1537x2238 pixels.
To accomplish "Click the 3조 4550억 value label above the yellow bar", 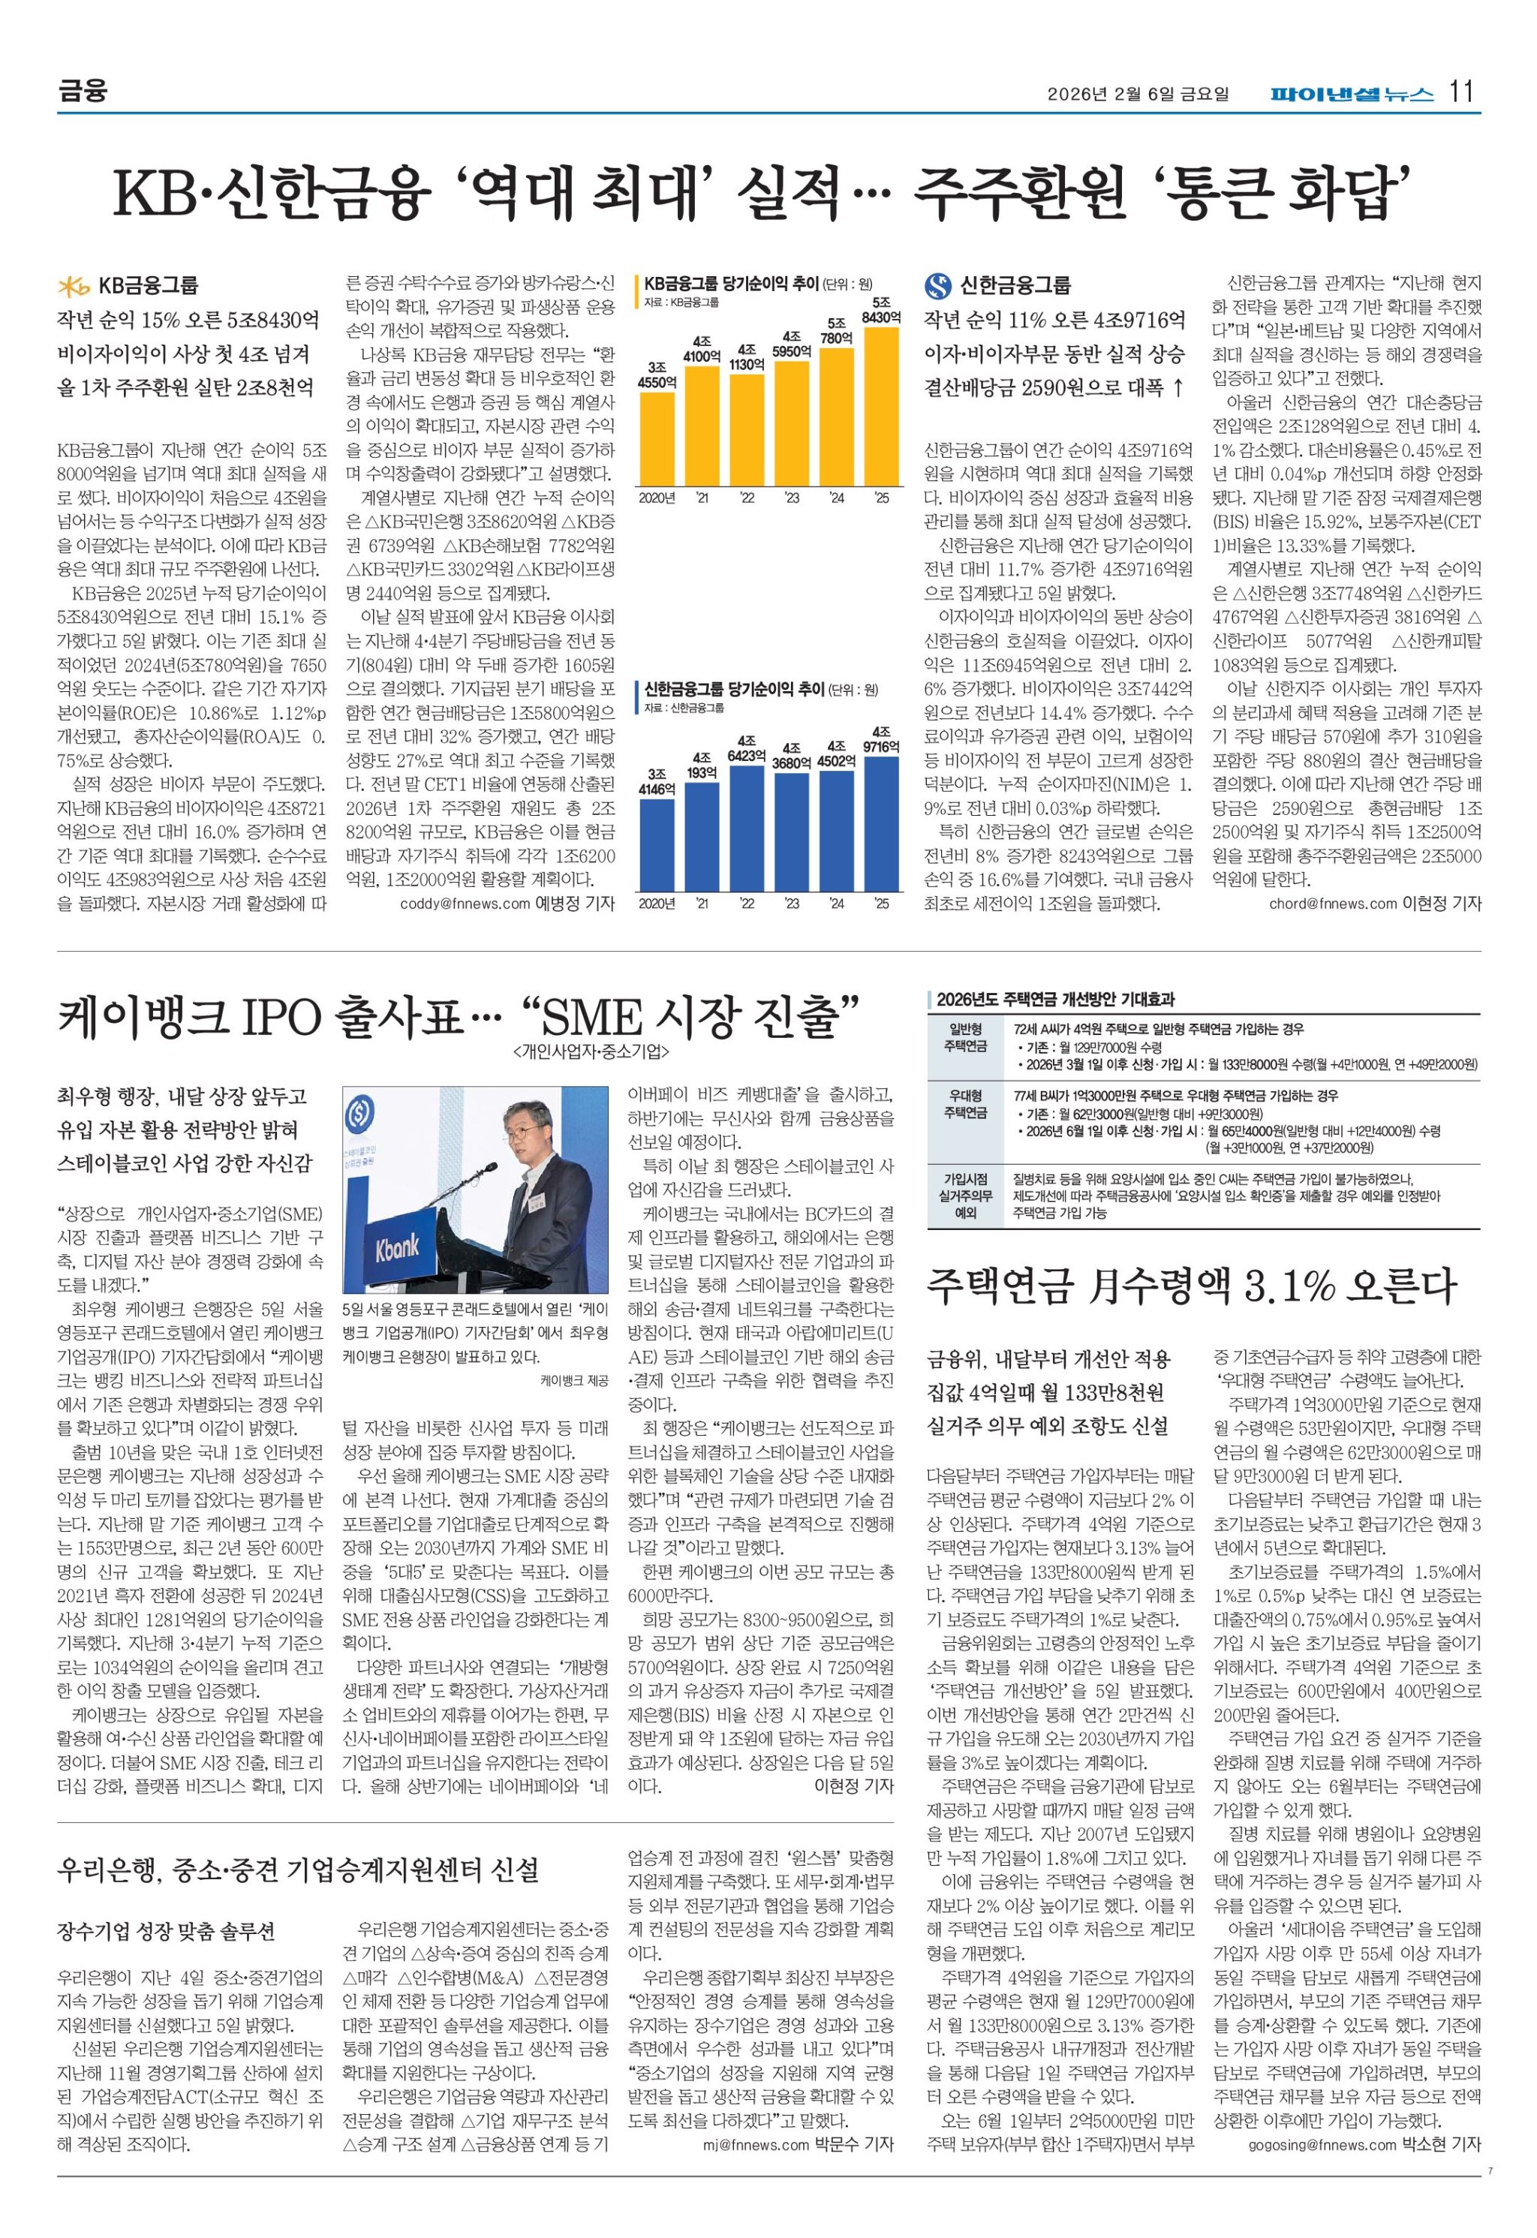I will tap(657, 375).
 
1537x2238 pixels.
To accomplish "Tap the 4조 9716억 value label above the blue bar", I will tap(881, 739).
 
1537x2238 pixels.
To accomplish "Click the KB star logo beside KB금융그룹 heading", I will tap(74, 286).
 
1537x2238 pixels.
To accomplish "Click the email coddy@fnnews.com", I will tap(465, 904).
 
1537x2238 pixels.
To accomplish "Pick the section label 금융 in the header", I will tap(82, 92).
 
